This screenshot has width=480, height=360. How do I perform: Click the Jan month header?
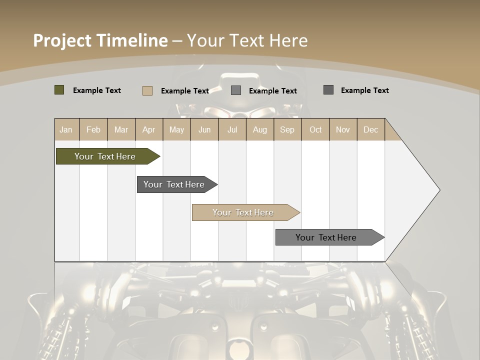click(x=66, y=129)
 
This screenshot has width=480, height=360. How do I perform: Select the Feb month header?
click(x=93, y=129)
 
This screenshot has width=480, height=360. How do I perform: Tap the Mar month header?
click(x=121, y=129)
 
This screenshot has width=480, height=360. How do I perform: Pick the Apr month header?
click(x=149, y=129)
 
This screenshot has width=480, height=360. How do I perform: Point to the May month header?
click(x=176, y=129)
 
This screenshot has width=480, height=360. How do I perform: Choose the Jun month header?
click(x=204, y=129)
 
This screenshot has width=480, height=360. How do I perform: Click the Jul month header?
click(x=232, y=129)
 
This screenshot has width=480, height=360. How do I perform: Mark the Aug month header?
click(x=260, y=129)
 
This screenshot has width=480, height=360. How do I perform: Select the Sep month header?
click(x=287, y=129)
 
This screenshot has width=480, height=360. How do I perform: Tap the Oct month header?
click(x=315, y=129)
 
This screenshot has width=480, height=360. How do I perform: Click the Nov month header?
click(x=343, y=129)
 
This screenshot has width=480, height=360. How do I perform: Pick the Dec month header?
click(x=371, y=129)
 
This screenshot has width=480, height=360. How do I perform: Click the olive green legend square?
click(x=59, y=90)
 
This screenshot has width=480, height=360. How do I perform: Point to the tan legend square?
click(x=147, y=90)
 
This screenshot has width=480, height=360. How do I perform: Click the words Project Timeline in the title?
click(x=100, y=40)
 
